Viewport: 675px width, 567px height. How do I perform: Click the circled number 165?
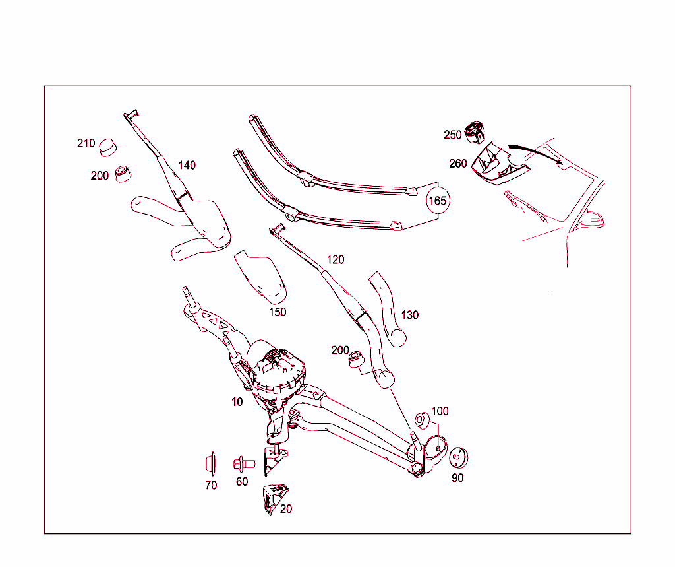(438, 200)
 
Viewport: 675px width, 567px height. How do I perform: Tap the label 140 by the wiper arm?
(187, 165)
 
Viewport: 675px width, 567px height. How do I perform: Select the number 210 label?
(86, 143)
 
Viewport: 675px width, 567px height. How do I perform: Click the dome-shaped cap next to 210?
(107, 147)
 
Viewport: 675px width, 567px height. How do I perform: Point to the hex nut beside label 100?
(422, 420)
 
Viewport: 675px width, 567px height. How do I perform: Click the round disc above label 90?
(457, 457)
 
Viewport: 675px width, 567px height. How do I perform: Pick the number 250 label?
(453, 135)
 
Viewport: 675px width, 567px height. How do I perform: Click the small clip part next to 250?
(474, 132)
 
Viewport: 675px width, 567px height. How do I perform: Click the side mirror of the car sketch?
(591, 220)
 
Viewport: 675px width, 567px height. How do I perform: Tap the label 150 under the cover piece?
(278, 312)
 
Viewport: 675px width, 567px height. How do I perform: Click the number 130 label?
(409, 315)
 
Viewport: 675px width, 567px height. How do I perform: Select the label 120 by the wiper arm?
(335, 259)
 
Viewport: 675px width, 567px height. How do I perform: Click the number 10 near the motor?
(237, 401)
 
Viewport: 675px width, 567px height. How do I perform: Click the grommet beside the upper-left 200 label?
(123, 174)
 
